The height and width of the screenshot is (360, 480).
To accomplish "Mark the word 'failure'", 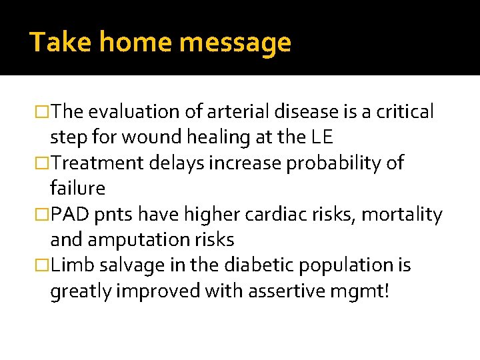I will [x=77, y=189].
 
